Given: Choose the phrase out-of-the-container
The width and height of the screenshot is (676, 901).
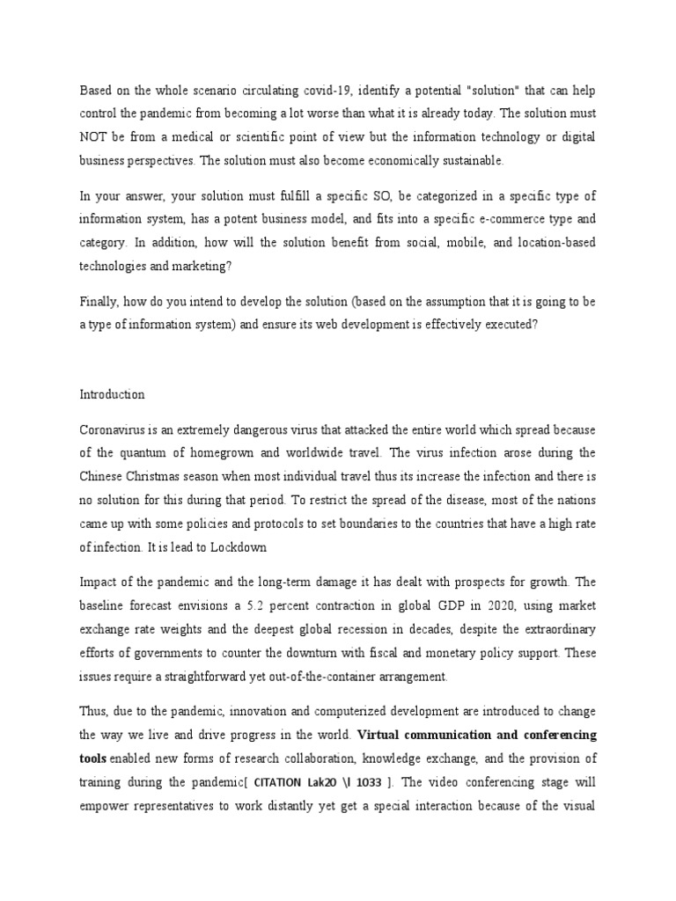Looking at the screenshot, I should [296, 678].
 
